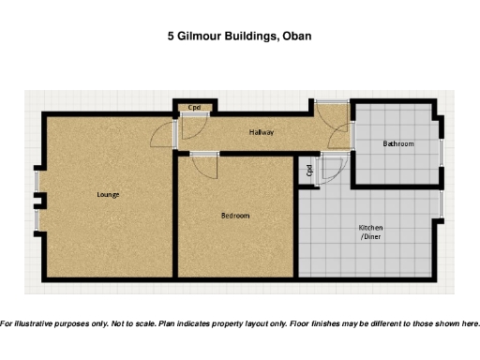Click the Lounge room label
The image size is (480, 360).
coord(108,194)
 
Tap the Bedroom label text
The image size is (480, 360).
coord(235,216)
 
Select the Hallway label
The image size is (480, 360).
coord(262,132)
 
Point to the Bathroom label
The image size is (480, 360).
coord(397,143)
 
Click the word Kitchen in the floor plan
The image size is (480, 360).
coord(371,228)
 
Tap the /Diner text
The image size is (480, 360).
coord(371,238)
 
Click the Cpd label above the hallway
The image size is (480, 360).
coord(194,108)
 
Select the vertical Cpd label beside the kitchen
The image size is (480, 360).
coord(308,171)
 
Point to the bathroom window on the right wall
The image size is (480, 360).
coord(442,152)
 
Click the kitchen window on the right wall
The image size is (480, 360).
coord(441,205)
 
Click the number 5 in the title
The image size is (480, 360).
coord(171,37)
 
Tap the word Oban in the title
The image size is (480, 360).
coord(295,37)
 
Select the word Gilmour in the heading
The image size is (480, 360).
coord(198,37)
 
